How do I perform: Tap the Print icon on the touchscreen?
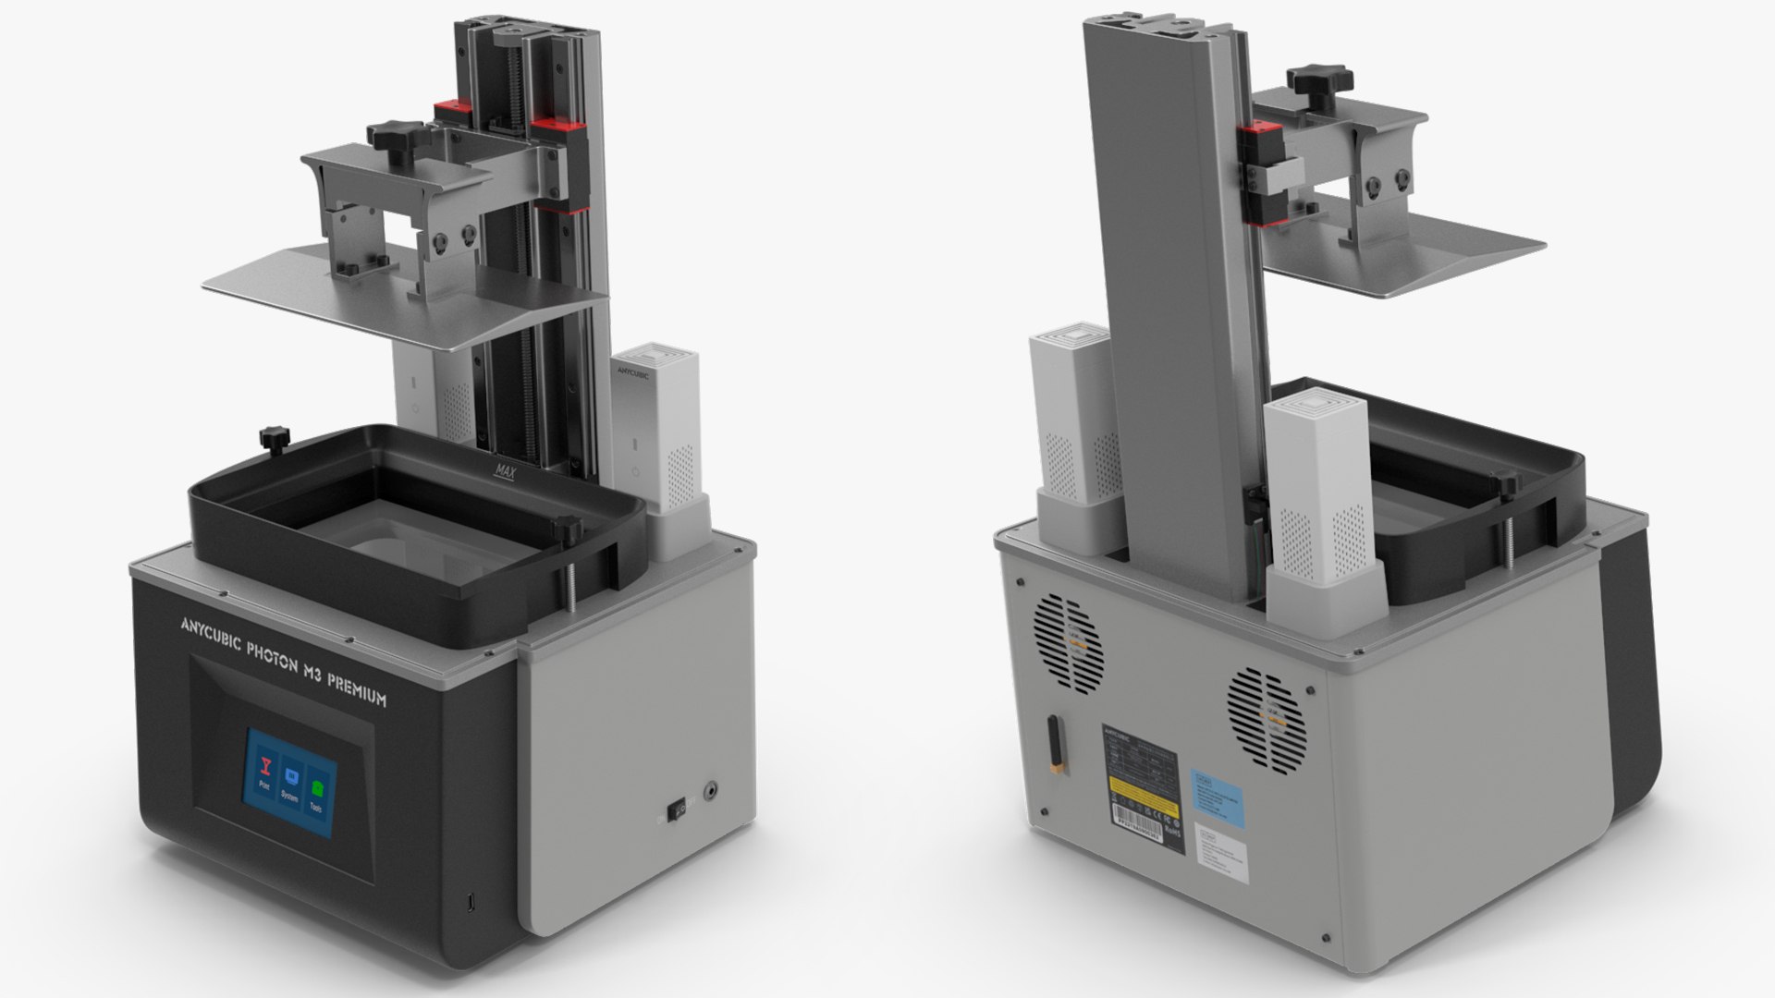266,769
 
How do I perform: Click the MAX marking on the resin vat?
506,471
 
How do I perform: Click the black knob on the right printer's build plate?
1321,78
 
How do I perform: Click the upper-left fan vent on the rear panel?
1069,644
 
